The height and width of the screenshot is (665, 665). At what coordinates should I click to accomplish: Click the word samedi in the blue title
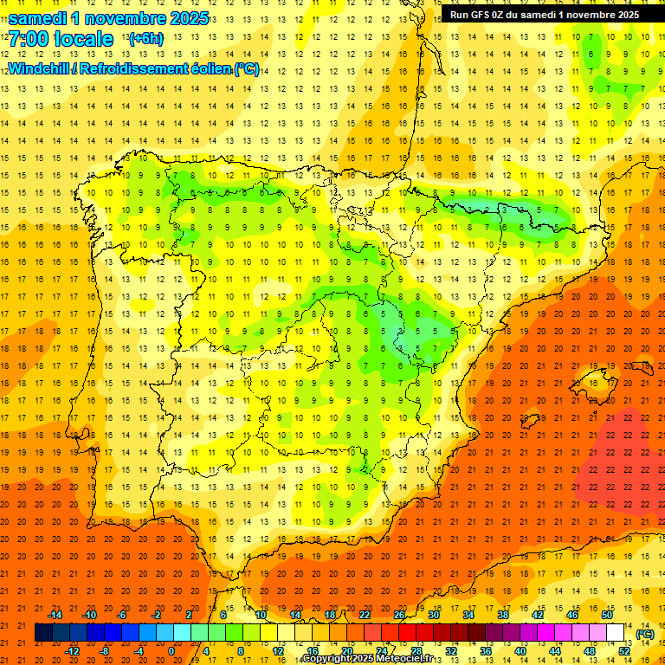coord(37,18)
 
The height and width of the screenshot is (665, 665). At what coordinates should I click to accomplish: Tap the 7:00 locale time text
coord(61,39)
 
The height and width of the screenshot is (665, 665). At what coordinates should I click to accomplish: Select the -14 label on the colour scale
coord(55,615)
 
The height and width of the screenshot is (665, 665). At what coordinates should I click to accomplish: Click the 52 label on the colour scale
coord(624,651)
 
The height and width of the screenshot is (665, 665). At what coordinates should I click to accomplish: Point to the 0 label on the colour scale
coord(171,651)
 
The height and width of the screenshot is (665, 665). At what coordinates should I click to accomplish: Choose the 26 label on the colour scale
coord(399,615)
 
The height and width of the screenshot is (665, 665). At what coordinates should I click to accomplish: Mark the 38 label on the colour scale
coord(503,615)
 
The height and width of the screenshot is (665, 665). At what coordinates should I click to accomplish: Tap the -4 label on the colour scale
coord(138,651)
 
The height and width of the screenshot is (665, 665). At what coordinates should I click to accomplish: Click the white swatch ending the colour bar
coord(616,633)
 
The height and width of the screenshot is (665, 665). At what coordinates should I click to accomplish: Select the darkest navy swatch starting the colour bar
coord(43,633)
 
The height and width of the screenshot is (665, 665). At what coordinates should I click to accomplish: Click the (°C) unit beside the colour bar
coord(645,634)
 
